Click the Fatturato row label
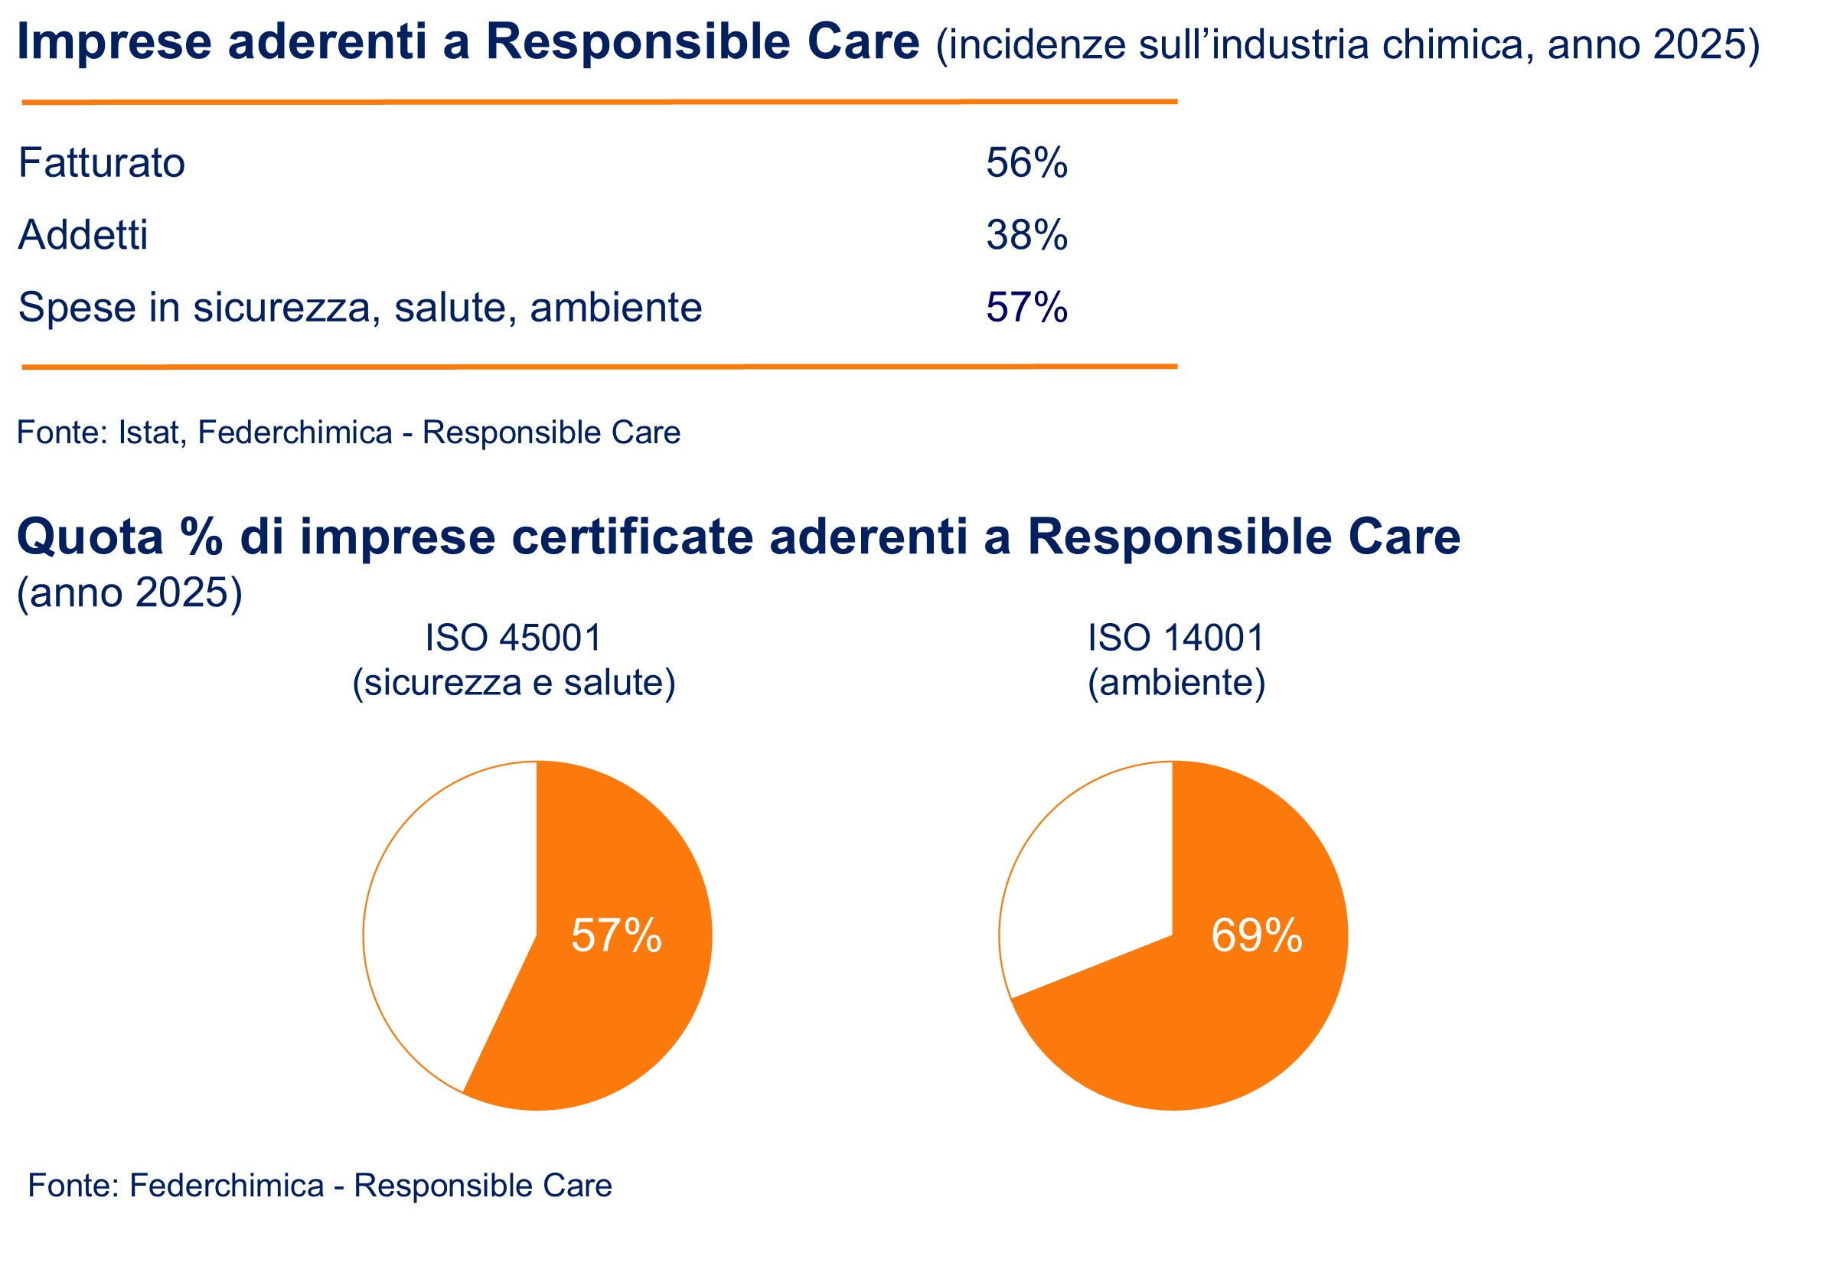tap(101, 163)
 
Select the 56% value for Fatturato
tap(1026, 163)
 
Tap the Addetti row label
tap(83, 235)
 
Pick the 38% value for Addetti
tap(1026, 235)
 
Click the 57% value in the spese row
tap(1026, 307)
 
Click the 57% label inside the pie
tap(616, 935)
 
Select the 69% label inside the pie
tap(1257, 935)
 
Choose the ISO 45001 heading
tap(514, 638)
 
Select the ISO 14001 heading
tap(1176, 638)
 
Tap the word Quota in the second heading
tap(90, 537)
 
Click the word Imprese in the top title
tap(114, 42)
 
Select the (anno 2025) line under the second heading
tap(130, 592)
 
